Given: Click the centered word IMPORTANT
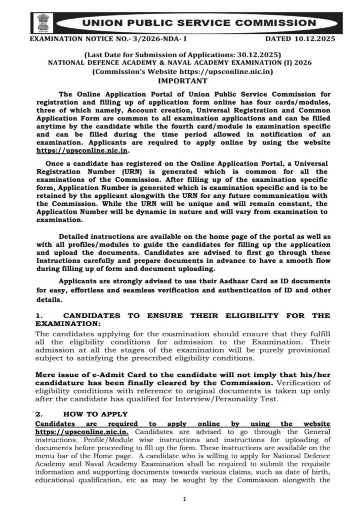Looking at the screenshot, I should point(183,80).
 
